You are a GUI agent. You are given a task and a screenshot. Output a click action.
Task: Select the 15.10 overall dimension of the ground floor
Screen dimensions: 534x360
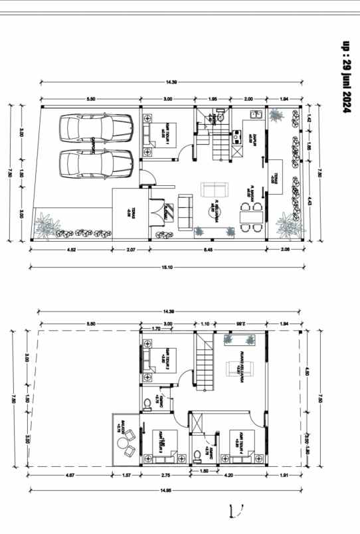pos(168,267)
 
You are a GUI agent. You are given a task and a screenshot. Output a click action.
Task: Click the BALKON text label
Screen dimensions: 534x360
pos(118,425)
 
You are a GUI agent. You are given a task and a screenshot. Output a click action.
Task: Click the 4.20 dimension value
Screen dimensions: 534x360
pos(227,476)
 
